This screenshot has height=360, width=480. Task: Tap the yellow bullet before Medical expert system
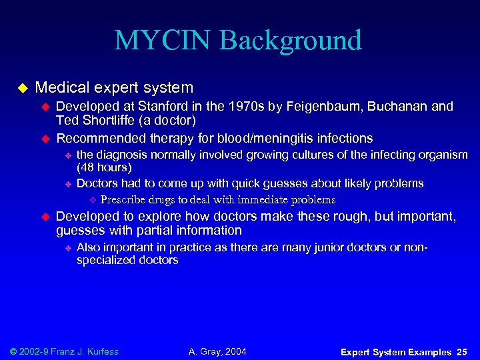coord(21,88)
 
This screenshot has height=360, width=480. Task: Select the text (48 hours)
coord(104,167)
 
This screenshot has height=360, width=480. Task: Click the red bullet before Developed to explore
coord(46,217)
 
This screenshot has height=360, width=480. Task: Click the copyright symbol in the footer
coord(15,351)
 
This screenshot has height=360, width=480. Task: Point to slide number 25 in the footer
coord(463,352)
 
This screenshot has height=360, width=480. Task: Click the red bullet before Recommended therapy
coord(46,139)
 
